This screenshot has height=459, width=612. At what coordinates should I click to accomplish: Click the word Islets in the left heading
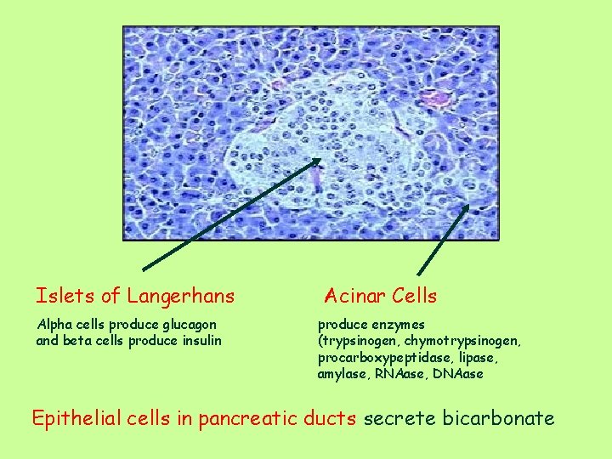pos(65,296)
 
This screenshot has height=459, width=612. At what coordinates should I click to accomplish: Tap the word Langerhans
pos(180,297)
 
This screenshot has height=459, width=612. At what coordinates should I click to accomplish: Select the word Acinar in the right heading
pos(356,296)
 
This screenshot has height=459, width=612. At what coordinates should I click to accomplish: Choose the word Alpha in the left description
pos(54,325)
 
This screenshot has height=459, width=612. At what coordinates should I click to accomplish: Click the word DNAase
pos(459,374)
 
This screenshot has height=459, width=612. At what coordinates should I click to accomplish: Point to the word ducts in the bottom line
pos(333,419)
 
